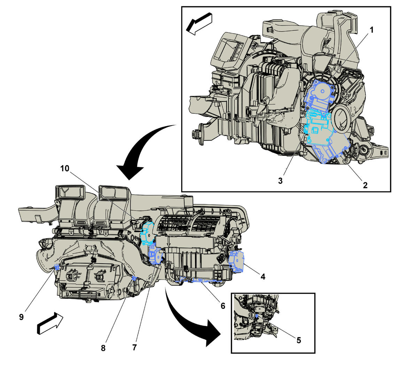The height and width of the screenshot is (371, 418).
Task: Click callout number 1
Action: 372,30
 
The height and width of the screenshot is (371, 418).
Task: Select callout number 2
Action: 365,185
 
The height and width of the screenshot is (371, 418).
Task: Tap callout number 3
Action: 280,181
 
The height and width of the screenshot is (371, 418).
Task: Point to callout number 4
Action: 263,277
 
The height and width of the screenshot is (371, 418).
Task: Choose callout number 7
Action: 134,347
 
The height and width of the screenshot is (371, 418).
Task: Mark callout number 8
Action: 103,348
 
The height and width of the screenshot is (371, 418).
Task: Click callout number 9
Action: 21,317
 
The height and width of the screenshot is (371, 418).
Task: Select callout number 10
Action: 65,168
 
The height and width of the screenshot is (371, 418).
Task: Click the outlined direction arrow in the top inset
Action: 199,23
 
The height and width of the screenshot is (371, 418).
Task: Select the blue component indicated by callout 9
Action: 56,268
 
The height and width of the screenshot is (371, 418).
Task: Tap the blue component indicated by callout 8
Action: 134,278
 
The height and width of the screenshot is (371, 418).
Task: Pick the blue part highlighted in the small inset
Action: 257,316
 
